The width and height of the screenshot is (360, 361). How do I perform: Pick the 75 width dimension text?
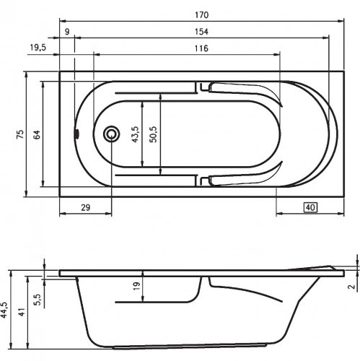pyautogui.click(x=20, y=134)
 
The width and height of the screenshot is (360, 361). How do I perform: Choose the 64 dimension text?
pyautogui.click(x=37, y=134)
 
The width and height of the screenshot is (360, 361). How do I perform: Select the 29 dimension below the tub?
pyautogui.click(x=84, y=208)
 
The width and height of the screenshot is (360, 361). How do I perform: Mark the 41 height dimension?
pyautogui.click(x=22, y=312)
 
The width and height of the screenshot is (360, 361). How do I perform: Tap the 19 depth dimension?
pyautogui.click(x=136, y=287)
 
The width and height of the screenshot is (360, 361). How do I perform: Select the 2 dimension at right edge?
pyautogui.click(x=351, y=288)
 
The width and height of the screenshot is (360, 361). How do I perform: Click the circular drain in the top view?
pyautogui.click(x=113, y=134)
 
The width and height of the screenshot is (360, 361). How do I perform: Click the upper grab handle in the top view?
pyautogui.click(x=242, y=91)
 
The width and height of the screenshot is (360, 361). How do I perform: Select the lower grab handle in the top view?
pyautogui.click(x=242, y=177)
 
